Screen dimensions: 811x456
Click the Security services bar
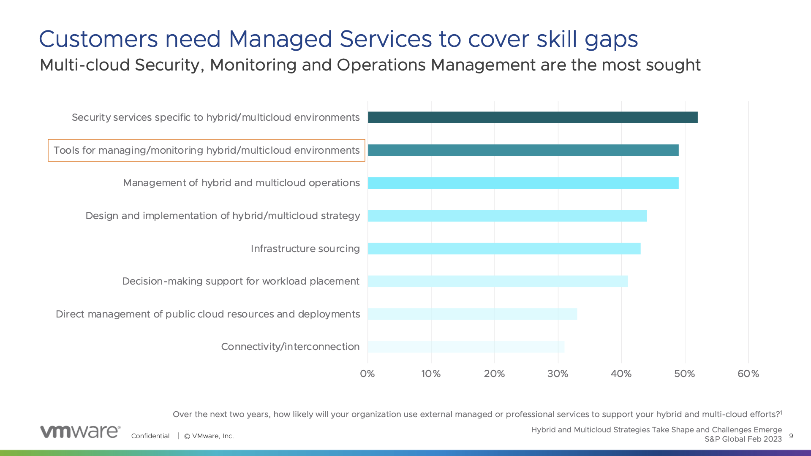(x=533, y=117)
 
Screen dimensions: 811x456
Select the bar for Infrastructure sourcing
(x=504, y=249)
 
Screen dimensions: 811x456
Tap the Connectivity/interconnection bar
(x=466, y=347)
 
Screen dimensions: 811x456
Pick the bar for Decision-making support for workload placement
(x=498, y=281)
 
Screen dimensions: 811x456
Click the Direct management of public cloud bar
(x=472, y=314)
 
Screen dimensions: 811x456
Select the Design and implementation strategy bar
(x=507, y=216)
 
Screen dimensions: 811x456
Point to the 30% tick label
(x=558, y=374)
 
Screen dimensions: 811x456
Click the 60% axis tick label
(x=748, y=374)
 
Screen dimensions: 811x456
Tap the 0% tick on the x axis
(x=367, y=374)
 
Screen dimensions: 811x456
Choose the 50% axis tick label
(x=685, y=374)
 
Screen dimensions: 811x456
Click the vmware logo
(x=80, y=432)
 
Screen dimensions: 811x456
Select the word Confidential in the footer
(x=150, y=436)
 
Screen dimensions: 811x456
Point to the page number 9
(x=791, y=436)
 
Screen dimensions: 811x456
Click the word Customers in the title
(x=98, y=39)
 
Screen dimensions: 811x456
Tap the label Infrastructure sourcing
(x=305, y=249)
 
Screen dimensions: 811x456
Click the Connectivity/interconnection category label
(x=291, y=347)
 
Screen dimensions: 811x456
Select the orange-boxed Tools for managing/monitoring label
(x=207, y=150)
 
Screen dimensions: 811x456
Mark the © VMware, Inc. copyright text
(x=209, y=436)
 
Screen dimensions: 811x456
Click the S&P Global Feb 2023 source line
(x=743, y=439)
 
